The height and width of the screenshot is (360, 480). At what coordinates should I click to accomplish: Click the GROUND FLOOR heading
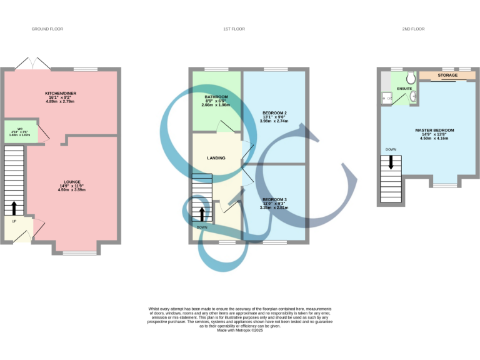click(x=47, y=29)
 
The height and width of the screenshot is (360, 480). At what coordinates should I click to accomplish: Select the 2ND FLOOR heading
click(x=414, y=29)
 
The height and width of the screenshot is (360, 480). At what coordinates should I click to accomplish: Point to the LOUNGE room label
click(x=71, y=182)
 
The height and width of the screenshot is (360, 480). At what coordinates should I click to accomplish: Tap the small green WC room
click(x=20, y=132)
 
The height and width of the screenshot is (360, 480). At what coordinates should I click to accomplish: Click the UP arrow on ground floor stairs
click(x=14, y=208)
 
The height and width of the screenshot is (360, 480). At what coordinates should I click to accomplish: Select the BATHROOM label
click(x=216, y=97)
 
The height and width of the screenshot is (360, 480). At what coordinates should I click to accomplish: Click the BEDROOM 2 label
click(x=274, y=112)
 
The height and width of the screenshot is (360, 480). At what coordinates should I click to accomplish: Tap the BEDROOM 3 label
click(x=274, y=199)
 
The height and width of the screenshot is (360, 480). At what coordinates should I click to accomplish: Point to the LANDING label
click(x=216, y=157)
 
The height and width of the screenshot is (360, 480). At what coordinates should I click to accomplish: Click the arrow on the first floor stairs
click(x=201, y=214)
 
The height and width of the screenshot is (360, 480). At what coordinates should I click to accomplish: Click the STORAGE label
click(x=447, y=75)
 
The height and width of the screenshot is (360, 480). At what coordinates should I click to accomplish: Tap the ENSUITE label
click(x=404, y=89)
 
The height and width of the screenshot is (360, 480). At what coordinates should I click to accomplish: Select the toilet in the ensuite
click(x=411, y=77)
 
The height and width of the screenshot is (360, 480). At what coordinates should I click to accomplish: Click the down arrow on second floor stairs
click(x=391, y=162)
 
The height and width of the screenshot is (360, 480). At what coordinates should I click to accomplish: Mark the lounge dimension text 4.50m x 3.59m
click(x=71, y=189)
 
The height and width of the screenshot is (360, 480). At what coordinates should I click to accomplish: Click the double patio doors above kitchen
click(x=34, y=64)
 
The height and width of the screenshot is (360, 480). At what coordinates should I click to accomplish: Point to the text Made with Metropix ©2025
click(x=240, y=330)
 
